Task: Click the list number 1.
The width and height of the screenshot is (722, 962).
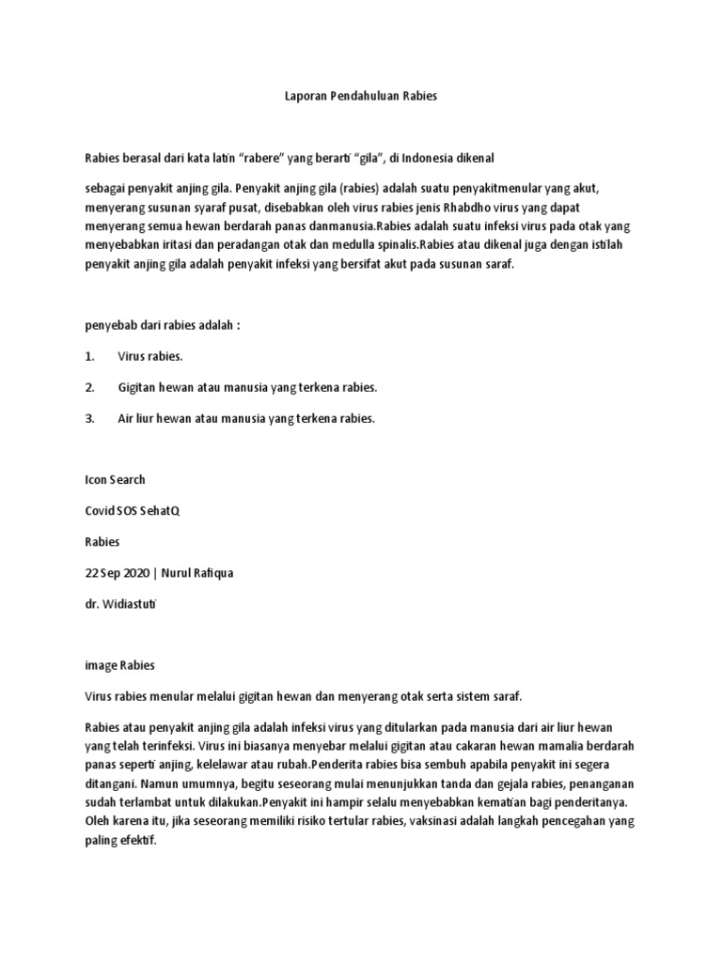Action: tap(89, 356)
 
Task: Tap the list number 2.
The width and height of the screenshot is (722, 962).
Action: tap(89, 387)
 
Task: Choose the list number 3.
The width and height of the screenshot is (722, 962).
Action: tap(89, 418)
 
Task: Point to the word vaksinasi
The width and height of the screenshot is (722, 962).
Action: tap(444, 821)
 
